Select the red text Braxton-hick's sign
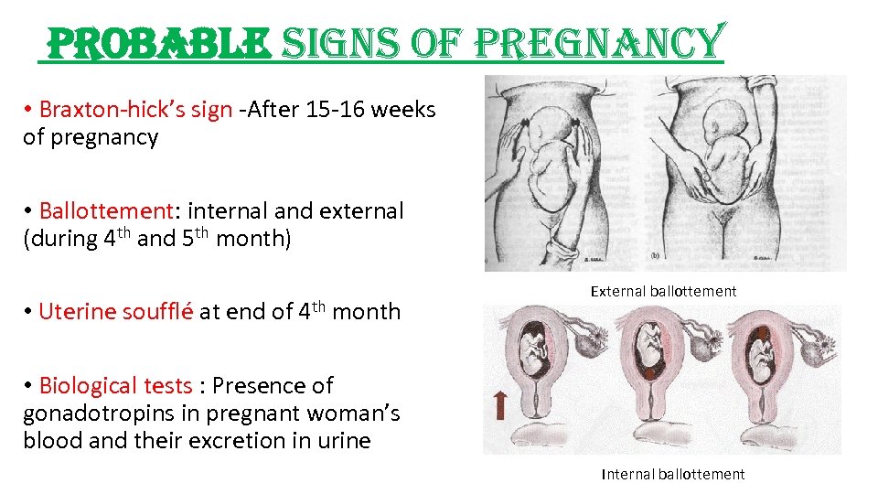135,110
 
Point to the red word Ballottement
106,210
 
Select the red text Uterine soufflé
115,311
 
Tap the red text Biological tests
115,385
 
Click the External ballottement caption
663,291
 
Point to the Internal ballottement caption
673,474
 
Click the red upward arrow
500,403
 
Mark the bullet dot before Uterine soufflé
29,311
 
